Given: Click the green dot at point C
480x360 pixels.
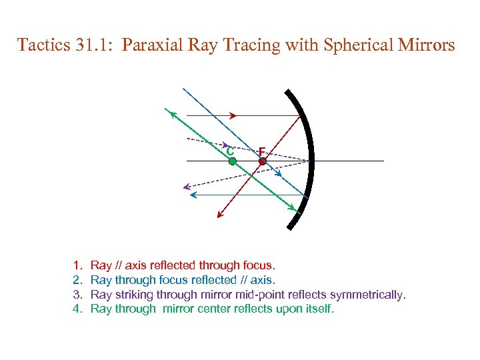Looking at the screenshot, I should [232, 161].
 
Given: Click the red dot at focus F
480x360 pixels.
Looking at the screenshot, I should [263, 161].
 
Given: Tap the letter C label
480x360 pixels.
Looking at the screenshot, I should [229, 151].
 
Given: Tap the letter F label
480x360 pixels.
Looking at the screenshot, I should [262, 151].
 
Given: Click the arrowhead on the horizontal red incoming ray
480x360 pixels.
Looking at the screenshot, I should [233, 115].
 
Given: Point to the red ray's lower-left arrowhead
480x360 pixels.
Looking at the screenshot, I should [219, 215].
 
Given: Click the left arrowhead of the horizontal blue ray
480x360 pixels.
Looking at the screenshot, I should [194, 195].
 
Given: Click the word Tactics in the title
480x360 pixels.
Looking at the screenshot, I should [43, 45].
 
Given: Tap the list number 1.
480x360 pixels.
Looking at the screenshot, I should [77, 265].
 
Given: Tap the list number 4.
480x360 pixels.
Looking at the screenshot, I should [77, 309].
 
